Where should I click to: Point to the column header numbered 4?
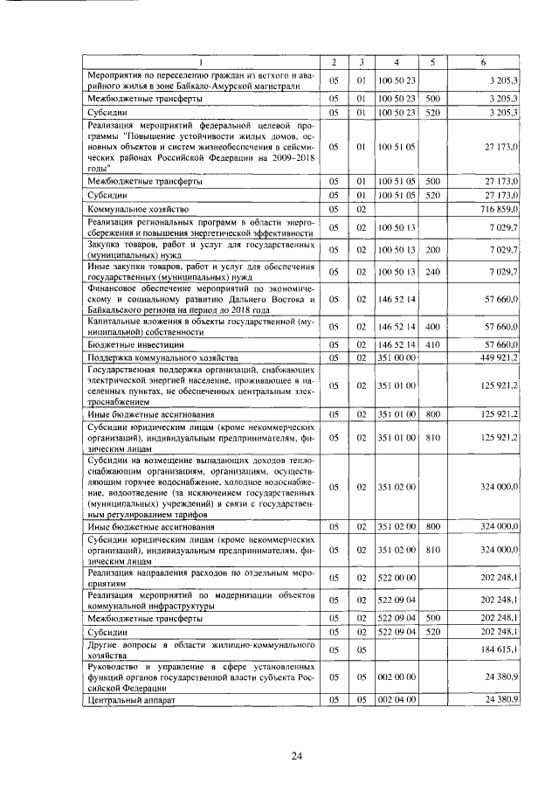click(396, 62)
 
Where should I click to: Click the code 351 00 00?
click(396, 357)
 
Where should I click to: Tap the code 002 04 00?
click(396, 700)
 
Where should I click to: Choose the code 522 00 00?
click(396, 578)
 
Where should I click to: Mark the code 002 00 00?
click(396, 676)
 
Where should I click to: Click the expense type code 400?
click(432, 327)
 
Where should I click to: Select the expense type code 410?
click(432, 345)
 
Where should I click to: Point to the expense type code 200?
click(432, 250)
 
